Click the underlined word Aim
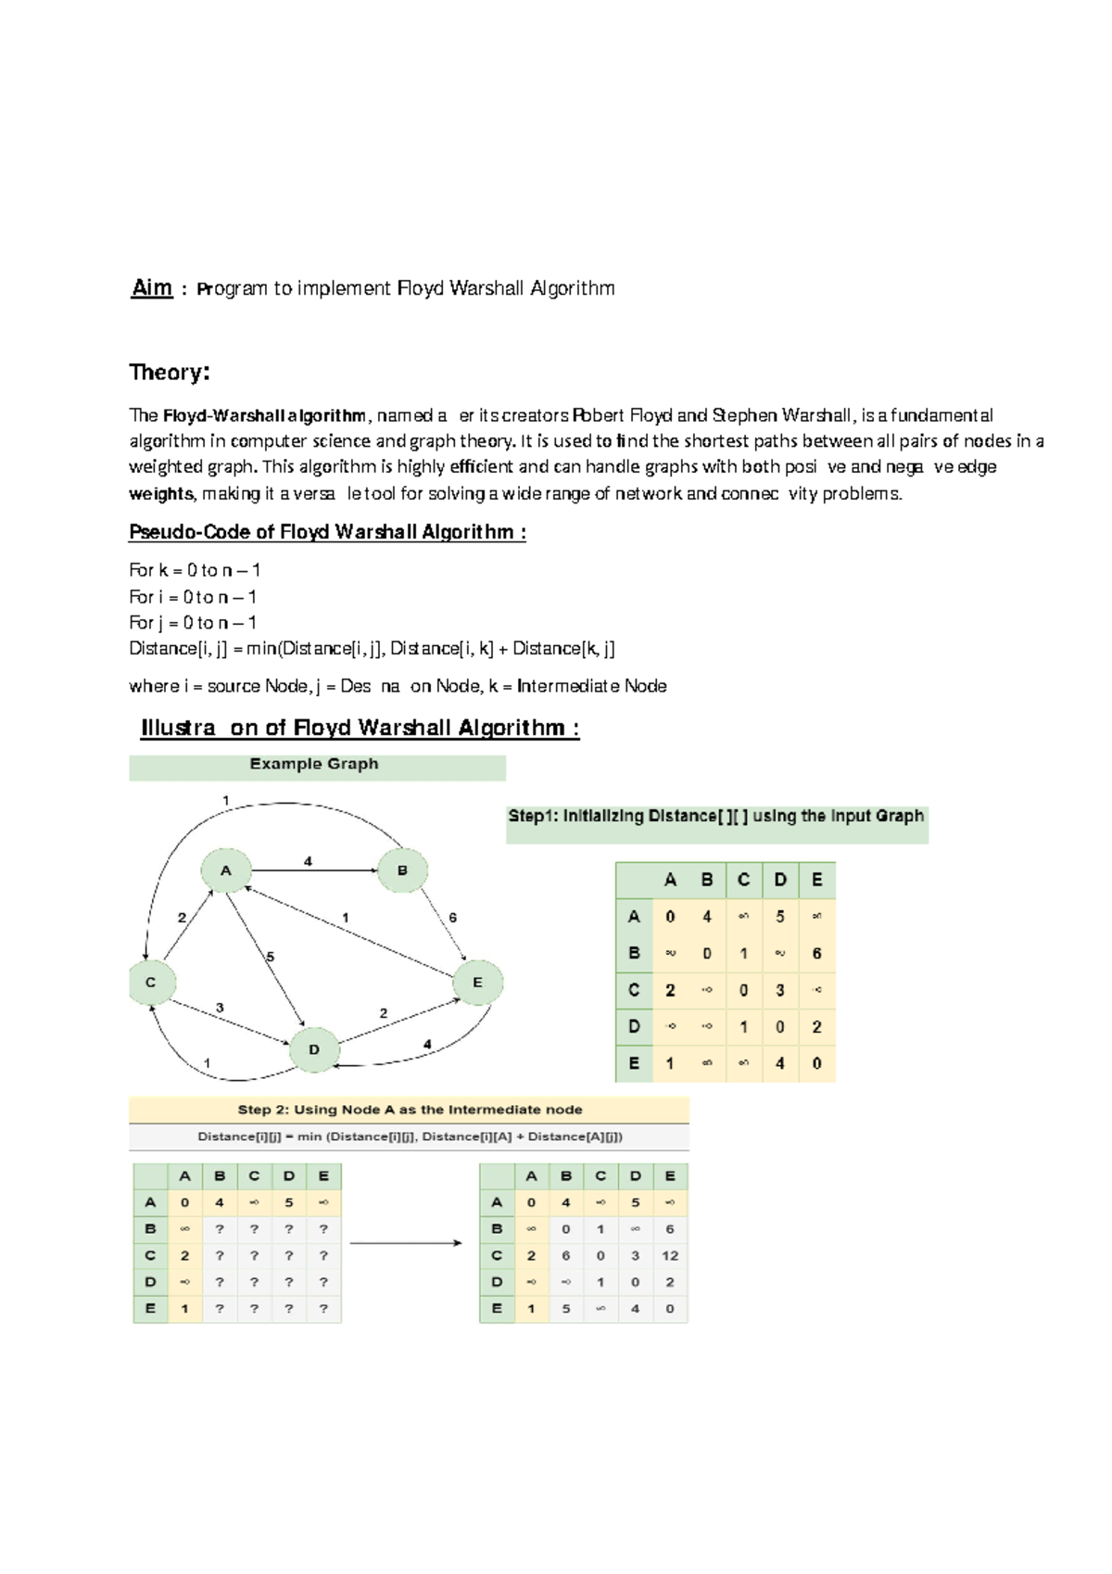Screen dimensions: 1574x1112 [152, 288]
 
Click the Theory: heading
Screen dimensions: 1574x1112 [170, 373]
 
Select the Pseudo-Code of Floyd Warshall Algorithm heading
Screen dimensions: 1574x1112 [327, 532]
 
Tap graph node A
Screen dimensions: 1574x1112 [225, 871]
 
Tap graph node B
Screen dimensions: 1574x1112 [402, 870]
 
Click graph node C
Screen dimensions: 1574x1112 [150, 983]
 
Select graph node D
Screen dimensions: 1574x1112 [314, 1049]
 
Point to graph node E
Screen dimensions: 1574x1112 [477, 983]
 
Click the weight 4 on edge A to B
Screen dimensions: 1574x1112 [309, 861]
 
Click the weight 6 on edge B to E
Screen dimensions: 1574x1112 [452, 918]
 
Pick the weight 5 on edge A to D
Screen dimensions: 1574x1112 [270, 957]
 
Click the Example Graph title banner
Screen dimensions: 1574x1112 [315, 765]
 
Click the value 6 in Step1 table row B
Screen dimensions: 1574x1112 [816, 953]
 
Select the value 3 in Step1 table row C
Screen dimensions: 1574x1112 [779, 990]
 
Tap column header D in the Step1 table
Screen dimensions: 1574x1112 [779, 880]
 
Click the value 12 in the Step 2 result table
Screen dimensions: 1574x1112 [670, 1256]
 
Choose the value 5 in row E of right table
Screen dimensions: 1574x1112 [565, 1309]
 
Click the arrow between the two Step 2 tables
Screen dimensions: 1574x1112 [405, 1243]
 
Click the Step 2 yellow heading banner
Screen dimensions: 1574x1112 [410, 1110]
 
